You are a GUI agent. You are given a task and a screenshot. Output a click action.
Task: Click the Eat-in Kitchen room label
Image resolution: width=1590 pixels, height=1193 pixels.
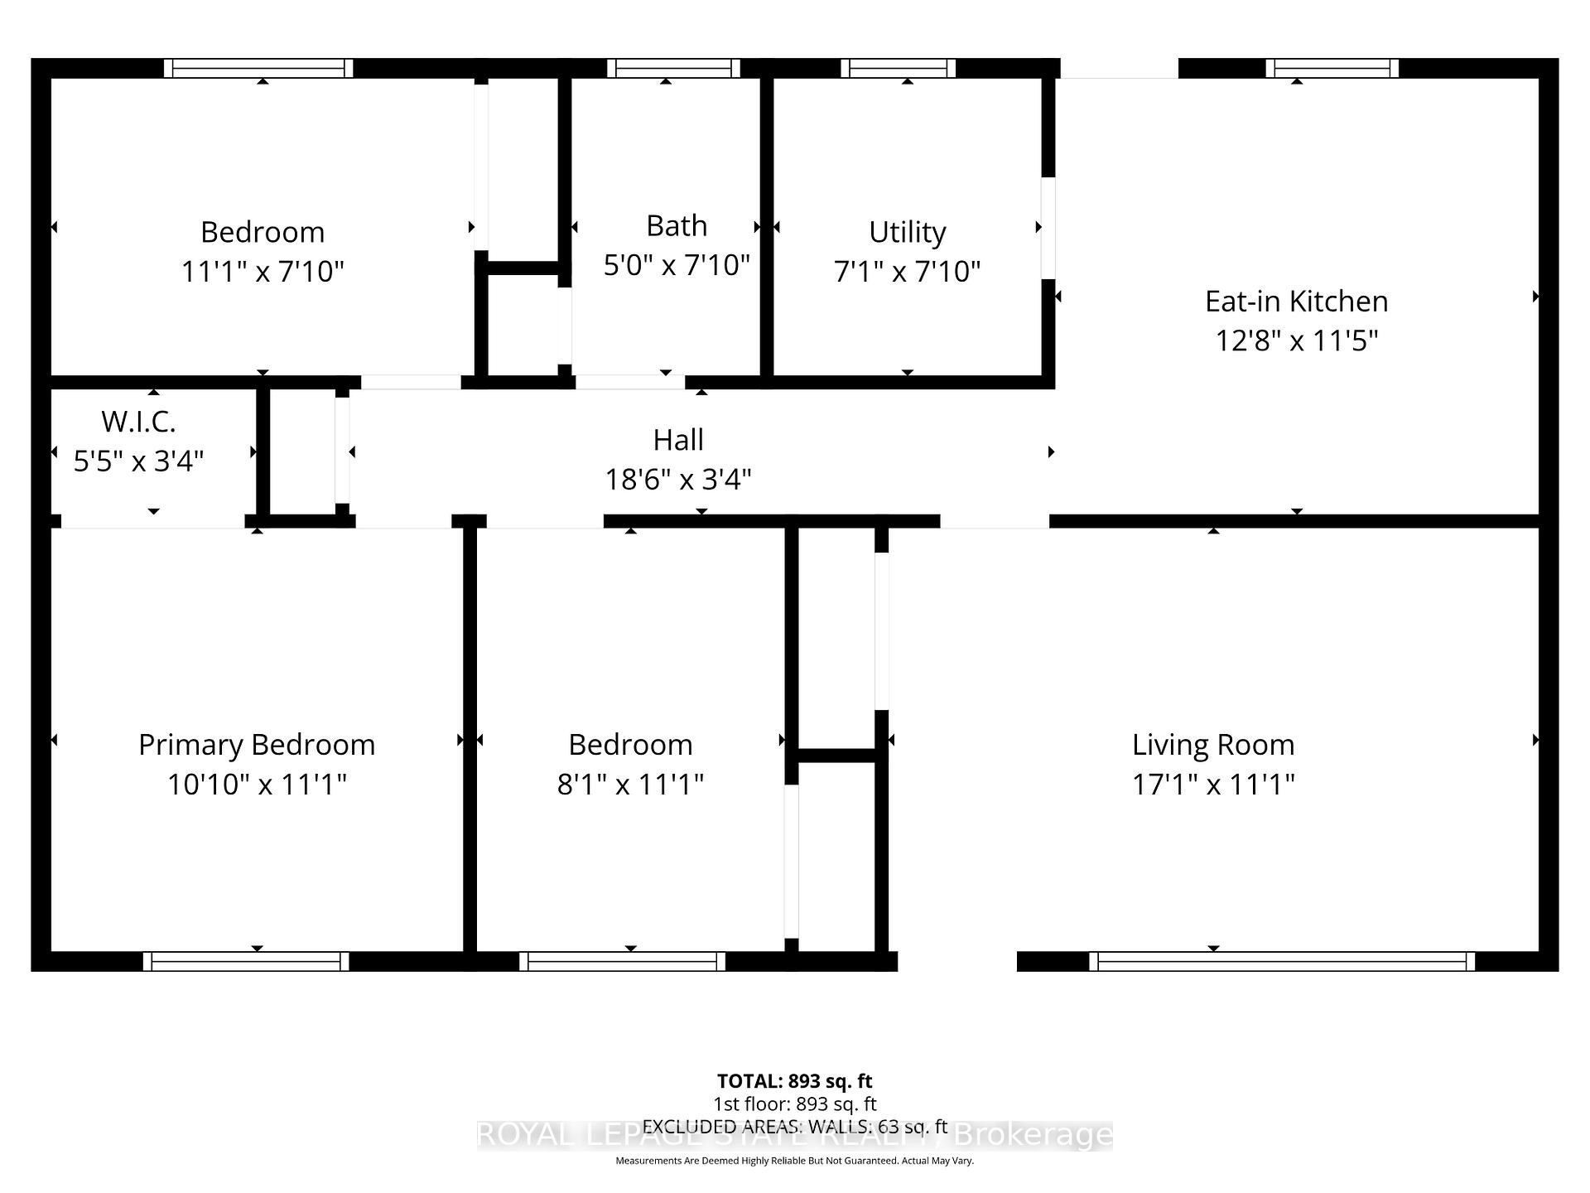click(1296, 302)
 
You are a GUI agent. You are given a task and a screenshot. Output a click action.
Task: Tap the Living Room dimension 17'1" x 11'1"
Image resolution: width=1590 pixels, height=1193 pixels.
click(1213, 784)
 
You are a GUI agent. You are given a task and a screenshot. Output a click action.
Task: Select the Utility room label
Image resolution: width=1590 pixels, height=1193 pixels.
click(907, 232)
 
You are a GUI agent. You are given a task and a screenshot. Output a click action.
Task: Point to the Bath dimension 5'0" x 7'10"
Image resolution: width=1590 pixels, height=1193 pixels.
click(677, 265)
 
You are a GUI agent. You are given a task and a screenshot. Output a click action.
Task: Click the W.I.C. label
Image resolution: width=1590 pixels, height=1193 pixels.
click(138, 422)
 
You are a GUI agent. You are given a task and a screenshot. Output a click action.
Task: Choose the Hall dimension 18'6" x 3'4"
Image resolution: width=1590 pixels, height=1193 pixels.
click(678, 479)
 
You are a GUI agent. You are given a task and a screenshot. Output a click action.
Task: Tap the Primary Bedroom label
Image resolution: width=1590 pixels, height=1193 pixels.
click(257, 745)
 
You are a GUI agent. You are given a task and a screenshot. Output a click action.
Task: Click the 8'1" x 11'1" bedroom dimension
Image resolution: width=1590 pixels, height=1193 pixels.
click(630, 784)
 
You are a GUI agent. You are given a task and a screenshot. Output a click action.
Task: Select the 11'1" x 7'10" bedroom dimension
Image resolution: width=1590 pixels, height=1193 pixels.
click(263, 271)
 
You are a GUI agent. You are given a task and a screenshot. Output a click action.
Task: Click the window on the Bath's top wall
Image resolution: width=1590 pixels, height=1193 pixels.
click(673, 68)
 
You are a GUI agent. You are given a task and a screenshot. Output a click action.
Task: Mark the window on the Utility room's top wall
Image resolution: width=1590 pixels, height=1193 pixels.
click(899, 68)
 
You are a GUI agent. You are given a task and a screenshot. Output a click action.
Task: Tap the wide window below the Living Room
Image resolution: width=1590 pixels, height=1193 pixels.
click(1282, 961)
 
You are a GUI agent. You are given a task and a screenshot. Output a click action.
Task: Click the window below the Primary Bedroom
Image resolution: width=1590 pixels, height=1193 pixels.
click(246, 961)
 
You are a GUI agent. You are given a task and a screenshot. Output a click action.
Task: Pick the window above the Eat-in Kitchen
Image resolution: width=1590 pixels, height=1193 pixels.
click(1332, 68)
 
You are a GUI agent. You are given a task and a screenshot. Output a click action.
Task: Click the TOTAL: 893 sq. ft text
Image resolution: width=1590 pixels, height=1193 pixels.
click(794, 1081)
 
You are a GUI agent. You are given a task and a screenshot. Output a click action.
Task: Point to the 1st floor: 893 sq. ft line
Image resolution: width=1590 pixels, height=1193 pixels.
click(794, 1104)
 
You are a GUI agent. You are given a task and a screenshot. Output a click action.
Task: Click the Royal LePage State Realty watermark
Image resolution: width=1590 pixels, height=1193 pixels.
click(794, 1135)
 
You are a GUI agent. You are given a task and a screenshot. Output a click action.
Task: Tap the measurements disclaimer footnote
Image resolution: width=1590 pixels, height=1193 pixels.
click(794, 1161)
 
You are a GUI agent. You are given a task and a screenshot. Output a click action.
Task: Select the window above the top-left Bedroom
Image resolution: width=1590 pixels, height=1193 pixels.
click(258, 68)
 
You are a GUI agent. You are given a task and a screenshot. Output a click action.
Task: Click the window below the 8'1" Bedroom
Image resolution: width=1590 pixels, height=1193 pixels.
click(622, 961)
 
